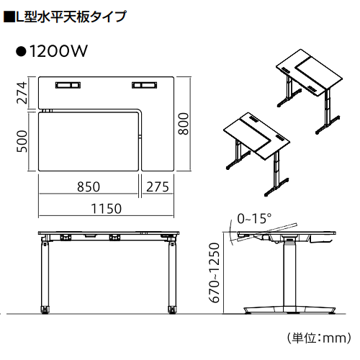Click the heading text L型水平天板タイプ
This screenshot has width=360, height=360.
coord(69,15)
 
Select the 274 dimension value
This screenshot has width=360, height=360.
coord(22,93)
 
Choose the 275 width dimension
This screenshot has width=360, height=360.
coord(157,186)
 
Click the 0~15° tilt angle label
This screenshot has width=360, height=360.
coord(254,218)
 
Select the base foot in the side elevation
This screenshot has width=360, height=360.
coord(290,310)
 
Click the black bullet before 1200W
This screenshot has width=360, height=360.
coord(21,52)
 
